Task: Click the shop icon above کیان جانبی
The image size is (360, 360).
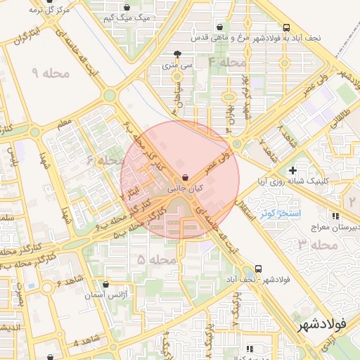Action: click(185, 177)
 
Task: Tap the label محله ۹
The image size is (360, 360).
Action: click(49, 72)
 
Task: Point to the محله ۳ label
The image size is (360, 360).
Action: click(313, 245)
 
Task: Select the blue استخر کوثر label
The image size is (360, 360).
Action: click(281, 212)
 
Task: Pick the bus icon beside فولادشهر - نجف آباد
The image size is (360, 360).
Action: click(259, 269)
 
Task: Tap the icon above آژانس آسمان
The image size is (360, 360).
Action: click(105, 284)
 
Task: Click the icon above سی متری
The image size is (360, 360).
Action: click(176, 53)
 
